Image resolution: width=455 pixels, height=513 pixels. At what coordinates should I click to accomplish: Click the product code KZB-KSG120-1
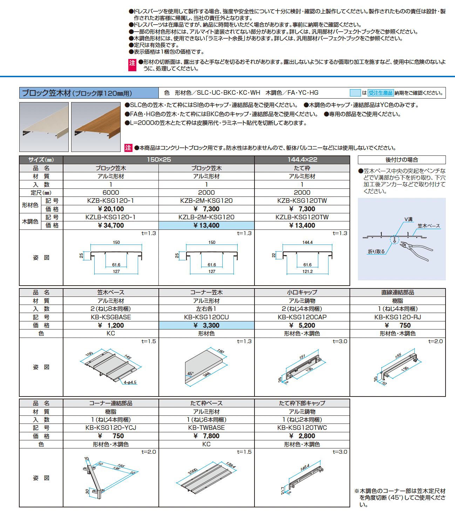(111, 201)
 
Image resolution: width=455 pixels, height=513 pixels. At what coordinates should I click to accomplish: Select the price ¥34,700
(111, 226)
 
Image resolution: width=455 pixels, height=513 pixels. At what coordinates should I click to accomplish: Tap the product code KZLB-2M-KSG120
(206, 217)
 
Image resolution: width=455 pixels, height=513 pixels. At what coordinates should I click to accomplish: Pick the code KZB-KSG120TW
(302, 201)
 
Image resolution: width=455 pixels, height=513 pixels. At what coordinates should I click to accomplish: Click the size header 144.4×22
(302, 160)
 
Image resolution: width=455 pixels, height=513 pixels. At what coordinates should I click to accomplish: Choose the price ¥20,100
(111, 209)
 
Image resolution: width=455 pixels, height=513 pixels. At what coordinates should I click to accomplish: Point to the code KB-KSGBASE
(111, 317)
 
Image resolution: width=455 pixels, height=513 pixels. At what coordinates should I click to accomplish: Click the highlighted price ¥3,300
(206, 326)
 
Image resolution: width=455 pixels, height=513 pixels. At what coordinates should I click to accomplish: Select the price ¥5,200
(302, 326)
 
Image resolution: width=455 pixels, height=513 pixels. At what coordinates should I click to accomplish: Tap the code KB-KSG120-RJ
(398, 317)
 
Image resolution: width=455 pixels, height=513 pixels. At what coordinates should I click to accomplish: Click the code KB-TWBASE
(206, 428)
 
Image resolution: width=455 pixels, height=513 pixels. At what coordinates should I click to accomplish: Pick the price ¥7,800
(206, 436)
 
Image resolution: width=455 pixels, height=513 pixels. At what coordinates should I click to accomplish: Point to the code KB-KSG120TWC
(302, 428)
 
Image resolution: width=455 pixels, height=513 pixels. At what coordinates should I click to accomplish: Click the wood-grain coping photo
(96, 127)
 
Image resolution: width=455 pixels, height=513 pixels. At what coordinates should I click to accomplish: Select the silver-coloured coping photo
(44, 127)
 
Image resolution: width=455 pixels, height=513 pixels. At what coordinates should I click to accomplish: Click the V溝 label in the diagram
(408, 219)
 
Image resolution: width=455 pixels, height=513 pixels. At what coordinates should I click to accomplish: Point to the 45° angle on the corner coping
(190, 374)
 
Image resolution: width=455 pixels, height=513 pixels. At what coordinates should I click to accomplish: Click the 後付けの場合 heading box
(402, 160)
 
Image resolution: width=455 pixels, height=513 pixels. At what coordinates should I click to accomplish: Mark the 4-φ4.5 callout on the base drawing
(130, 382)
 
